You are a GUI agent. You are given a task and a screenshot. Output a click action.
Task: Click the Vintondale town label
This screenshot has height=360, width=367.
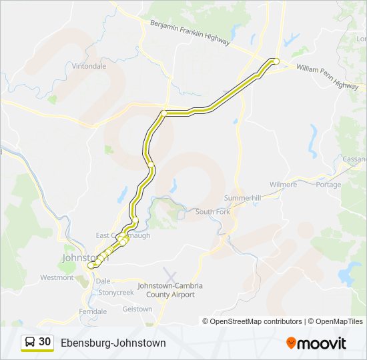pyautogui.click(x=89, y=67)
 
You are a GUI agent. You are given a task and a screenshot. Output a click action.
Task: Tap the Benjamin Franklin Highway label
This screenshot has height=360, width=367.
pyautogui.click(x=190, y=32)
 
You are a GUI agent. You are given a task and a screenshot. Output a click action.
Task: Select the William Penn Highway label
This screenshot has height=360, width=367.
pyautogui.click(x=327, y=77)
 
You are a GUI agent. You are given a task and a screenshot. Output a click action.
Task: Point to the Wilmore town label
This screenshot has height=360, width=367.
pyautogui.click(x=283, y=184)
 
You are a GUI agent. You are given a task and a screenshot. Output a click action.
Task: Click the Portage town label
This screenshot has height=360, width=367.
pyautogui.click(x=328, y=184)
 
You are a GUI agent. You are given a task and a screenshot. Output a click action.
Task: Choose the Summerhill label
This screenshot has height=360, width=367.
pyautogui.click(x=242, y=198)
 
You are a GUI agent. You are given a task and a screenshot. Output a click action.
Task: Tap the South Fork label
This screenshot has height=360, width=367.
pyautogui.click(x=212, y=212)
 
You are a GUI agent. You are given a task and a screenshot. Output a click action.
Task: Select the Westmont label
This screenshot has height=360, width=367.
pyautogui.click(x=57, y=277)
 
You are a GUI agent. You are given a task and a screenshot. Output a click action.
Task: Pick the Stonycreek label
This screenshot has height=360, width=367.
pyautogui.click(x=116, y=292)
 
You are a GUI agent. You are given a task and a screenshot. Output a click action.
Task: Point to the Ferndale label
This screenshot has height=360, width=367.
pyautogui.click(x=93, y=311)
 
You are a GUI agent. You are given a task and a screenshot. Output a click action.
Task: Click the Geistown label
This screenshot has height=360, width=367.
pyautogui.click(x=137, y=309)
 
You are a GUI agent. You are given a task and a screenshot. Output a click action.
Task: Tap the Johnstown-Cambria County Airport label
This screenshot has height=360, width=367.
pyautogui.click(x=169, y=290)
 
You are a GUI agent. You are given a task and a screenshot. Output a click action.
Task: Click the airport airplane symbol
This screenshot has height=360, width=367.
pyautogui.click(x=170, y=275)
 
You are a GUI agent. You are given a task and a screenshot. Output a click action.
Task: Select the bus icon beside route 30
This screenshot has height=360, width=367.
pyautogui.click(x=30, y=342)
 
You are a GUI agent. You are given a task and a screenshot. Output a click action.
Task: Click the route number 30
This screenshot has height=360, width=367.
pyautogui.click(x=45, y=341)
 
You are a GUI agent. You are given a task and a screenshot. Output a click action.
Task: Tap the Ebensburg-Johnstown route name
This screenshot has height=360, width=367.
pyautogui.click(x=113, y=343)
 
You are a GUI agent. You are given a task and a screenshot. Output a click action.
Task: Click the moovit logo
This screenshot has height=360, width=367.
pyautogui.click(x=316, y=343)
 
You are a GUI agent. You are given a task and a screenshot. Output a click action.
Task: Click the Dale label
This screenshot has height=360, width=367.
pyautogui.click(x=103, y=281)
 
